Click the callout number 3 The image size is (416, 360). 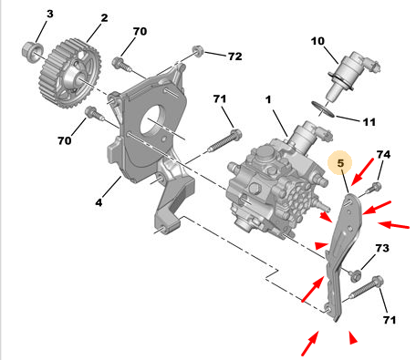pos(50,14)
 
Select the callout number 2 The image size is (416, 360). pos(104,18)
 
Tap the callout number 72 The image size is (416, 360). pos(235,57)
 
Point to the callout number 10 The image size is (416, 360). pos(317,41)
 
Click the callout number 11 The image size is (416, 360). pos(369,122)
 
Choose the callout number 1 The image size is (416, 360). pos(268,99)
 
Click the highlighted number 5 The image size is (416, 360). pos(340,163)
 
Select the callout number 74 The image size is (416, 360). pos(383,155)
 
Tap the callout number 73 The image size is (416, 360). pos(382,248)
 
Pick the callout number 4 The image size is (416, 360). pos(99,202)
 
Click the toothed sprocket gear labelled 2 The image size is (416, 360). pos(70,73)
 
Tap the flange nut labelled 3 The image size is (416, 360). pos(32,52)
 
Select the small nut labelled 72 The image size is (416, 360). pos(198,51)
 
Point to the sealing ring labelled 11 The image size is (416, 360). pos(323,109)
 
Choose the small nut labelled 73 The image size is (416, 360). pos(355,275)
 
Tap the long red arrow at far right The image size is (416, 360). pos(394,225)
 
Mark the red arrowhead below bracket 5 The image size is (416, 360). pos(353,338)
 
